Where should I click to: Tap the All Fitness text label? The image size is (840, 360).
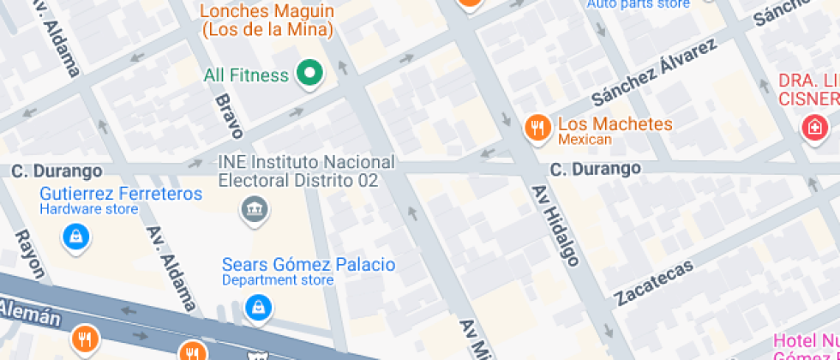(246, 75)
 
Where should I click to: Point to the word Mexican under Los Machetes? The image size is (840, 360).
(585, 140)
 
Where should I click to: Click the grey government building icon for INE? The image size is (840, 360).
(255, 208)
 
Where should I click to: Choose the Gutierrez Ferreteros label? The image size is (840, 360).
(121, 194)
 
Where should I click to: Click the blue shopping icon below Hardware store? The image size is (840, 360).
(76, 236)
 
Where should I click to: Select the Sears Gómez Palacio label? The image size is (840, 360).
(309, 264)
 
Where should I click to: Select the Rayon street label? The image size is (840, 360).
(30, 254)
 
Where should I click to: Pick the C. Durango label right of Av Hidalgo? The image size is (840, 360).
(595, 168)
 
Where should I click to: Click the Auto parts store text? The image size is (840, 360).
(638, 4)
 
